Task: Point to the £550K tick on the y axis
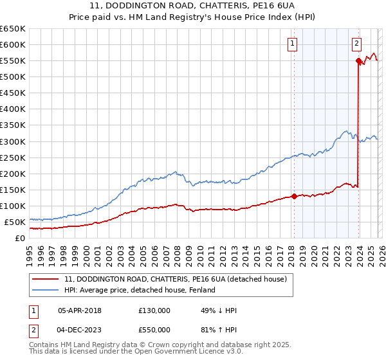(x=13, y=61)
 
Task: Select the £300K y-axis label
(x=13, y=141)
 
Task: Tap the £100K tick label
(x=13, y=206)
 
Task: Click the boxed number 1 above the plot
(x=293, y=44)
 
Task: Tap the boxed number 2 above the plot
(x=356, y=44)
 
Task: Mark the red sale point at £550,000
(x=358, y=61)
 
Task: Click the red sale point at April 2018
(x=294, y=196)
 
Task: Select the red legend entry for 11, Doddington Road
(x=179, y=279)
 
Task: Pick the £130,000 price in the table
(x=154, y=310)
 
